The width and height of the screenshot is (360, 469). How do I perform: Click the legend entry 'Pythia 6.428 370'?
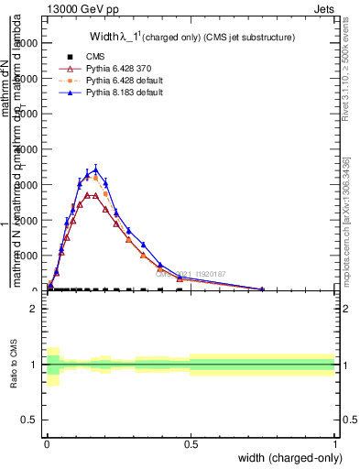point(110,69)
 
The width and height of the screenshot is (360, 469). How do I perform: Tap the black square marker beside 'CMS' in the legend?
point(63,57)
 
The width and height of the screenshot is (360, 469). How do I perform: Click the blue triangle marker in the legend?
point(63,93)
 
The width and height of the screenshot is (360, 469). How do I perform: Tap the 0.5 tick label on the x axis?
point(191,444)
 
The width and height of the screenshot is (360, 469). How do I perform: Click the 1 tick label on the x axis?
point(335,444)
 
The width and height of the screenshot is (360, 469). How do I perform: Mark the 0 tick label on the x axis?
point(47,444)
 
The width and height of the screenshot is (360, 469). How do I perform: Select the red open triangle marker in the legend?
point(63,69)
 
